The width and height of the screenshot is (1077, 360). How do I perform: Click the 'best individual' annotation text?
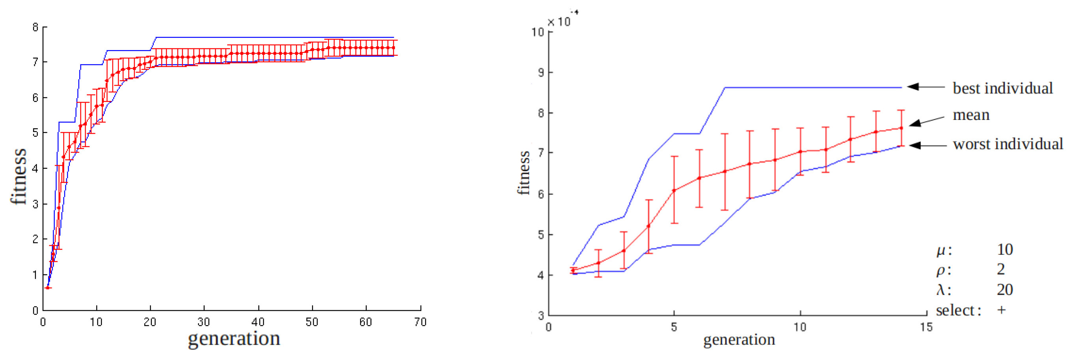tap(1002, 88)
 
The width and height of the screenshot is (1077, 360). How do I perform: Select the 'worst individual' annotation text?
tap(1008, 144)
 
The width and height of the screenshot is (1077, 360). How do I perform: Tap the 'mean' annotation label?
tap(971, 115)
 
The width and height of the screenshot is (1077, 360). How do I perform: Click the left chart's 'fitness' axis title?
tap(19, 176)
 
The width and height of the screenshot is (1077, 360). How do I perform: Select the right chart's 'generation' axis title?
tap(739, 339)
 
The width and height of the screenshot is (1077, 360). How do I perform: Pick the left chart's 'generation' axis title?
tap(234, 338)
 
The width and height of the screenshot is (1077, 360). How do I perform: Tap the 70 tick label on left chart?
tap(420, 322)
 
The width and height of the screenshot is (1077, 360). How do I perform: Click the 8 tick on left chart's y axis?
tap(36, 28)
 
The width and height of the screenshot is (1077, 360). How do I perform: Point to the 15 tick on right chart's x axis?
tap(926, 327)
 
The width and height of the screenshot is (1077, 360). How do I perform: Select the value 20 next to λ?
tap(1005, 289)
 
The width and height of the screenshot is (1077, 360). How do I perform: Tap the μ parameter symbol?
tap(941, 250)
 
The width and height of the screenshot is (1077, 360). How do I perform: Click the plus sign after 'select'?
tap(1001, 310)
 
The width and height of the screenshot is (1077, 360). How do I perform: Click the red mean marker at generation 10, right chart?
tap(800, 152)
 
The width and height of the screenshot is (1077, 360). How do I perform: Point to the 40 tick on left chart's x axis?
tap(258, 322)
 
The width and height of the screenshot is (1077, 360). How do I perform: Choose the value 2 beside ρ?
tap(1000, 269)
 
